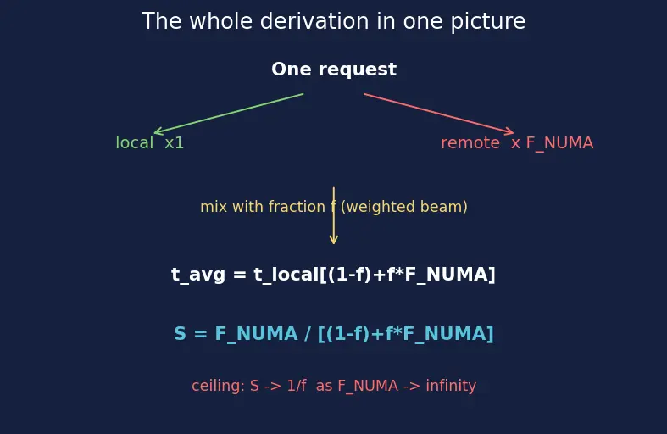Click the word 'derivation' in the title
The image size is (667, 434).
point(314,21)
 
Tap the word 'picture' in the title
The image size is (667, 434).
point(488,22)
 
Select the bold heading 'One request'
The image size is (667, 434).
point(334,70)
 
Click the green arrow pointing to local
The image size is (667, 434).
point(229,114)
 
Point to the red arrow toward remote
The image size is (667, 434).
point(438,114)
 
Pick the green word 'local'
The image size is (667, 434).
point(135,142)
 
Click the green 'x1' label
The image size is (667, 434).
point(175,143)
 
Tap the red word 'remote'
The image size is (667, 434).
point(470,143)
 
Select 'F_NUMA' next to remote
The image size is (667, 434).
point(560,143)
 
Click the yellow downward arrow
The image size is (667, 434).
point(334,215)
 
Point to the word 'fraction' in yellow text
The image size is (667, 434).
point(297,207)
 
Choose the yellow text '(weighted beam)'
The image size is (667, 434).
point(404,207)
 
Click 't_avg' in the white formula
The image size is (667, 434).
point(198,275)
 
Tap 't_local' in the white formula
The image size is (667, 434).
point(286,275)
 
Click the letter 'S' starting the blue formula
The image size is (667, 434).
point(180,334)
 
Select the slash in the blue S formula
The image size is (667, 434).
point(307,334)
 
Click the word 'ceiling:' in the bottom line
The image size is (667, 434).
point(218,386)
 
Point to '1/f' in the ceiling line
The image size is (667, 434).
point(297,386)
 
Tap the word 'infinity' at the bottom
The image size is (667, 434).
point(451,386)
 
